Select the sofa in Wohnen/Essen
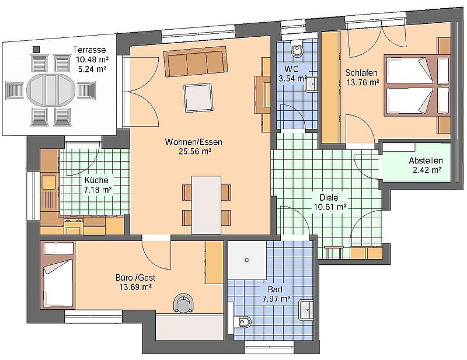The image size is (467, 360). (x=195, y=64)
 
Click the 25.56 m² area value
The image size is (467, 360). (x=194, y=152)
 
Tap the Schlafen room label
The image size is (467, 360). (x=361, y=73)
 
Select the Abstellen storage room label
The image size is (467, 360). (x=425, y=161)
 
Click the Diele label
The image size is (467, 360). (x=329, y=197)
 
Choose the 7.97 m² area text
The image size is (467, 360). (x=276, y=299)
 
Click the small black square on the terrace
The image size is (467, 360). (x=37, y=50)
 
